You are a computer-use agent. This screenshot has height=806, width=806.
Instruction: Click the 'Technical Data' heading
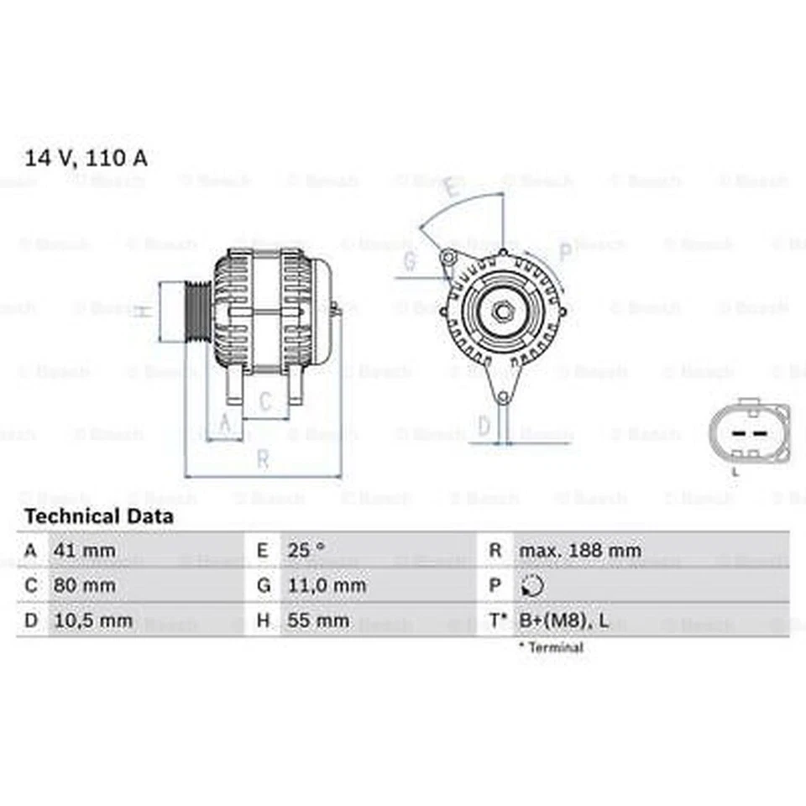click(x=99, y=516)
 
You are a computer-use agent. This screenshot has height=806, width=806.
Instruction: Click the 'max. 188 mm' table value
click(x=579, y=551)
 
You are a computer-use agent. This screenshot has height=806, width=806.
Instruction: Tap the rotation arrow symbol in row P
click(x=532, y=585)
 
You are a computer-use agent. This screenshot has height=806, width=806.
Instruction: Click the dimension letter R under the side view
click(x=263, y=459)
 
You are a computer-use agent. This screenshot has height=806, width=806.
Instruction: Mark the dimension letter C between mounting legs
click(x=265, y=403)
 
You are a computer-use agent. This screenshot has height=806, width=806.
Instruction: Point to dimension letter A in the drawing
click(x=224, y=425)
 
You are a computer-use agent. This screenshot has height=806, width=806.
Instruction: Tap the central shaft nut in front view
click(x=503, y=311)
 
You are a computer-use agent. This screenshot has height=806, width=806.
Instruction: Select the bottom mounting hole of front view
click(x=502, y=396)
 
